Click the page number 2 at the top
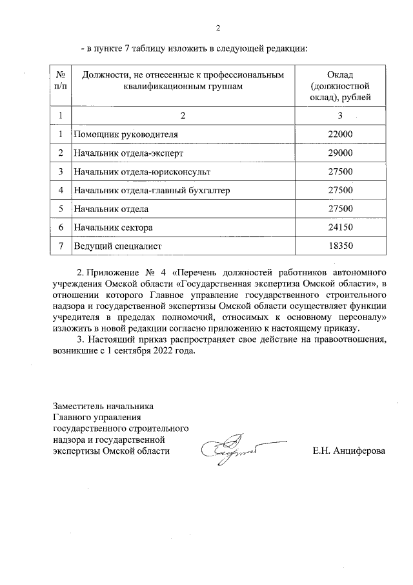(218, 28)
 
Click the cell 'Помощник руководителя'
(125, 134)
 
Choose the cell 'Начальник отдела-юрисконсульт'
(142, 172)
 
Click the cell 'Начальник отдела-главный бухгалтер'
(152, 191)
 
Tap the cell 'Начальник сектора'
(113, 228)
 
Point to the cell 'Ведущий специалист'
(117, 247)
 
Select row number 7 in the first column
(60, 247)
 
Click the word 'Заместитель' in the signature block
(77, 407)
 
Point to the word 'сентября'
(131, 352)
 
